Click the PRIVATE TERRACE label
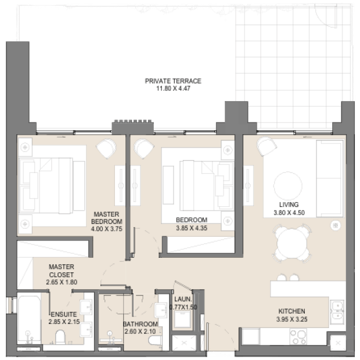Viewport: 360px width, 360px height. [x=173, y=81]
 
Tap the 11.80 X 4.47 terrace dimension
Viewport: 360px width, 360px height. [x=174, y=88]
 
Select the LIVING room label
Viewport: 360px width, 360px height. [x=289, y=204]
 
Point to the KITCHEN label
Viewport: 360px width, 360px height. [x=291, y=311]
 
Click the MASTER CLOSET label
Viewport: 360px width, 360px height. [x=62, y=271]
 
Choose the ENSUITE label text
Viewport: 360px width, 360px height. [x=64, y=314]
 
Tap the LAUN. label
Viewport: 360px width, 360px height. [x=183, y=299]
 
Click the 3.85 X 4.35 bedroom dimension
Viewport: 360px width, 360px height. [x=192, y=228]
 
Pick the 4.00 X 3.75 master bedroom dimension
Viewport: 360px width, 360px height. [x=106, y=229]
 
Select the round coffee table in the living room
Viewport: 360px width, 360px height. [x=287, y=186]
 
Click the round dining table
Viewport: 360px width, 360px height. [x=292, y=243]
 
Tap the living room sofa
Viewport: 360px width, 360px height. [x=330, y=178]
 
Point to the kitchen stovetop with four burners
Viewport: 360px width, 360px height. [x=298, y=336]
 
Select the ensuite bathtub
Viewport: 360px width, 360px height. [x=29, y=319]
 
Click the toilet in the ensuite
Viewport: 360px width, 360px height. [x=60, y=337]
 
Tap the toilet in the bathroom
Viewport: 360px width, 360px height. [x=155, y=340]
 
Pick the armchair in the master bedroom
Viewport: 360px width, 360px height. [x=106, y=148]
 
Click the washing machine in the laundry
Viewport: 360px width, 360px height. [x=183, y=319]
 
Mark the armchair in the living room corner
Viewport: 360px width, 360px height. [x=267, y=146]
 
